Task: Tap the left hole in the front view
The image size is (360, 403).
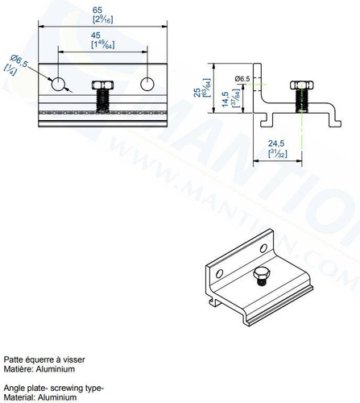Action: pos(58,84)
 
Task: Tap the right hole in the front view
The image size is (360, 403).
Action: pos(147,84)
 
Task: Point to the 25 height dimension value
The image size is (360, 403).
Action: pos(198,93)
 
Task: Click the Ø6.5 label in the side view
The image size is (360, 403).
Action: pos(243,77)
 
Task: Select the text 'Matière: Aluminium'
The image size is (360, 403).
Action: pos(39,368)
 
